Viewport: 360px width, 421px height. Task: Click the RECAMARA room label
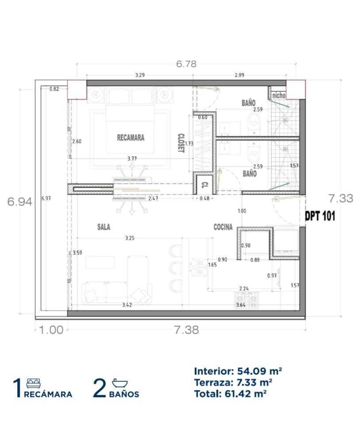click(x=130, y=138)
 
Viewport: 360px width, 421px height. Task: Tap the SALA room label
click(x=104, y=227)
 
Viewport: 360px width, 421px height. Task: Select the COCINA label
click(x=223, y=227)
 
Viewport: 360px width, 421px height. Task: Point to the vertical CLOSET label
click(x=181, y=143)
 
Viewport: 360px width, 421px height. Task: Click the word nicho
click(x=279, y=95)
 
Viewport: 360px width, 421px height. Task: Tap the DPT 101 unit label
click(x=320, y=216)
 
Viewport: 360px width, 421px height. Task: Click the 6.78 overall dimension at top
click(x=186, y=64)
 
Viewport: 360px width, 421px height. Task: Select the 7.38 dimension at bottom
click(x=187, y=330)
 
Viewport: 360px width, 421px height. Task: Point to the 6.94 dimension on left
click(x=19, y=201)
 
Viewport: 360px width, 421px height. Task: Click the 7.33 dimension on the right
click(x=341, y=198)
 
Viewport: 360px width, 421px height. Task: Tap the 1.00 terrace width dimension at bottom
click(x=51, y=330)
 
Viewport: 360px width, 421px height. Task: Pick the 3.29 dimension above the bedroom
click(x=140, y=75)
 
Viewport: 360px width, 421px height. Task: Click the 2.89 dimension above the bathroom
click(x=240, y=75)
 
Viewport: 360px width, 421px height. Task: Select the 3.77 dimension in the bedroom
click(x=132, y=158)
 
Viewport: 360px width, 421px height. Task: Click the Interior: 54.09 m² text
click(x=238, y=371)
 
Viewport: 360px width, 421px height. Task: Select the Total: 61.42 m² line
click(x=230, y=394)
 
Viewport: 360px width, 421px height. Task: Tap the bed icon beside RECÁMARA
click(x=34, y=383)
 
